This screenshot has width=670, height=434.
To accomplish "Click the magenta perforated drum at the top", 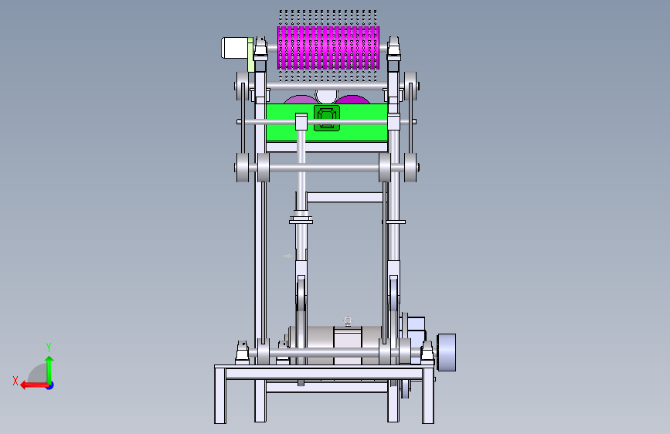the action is pos(328,47).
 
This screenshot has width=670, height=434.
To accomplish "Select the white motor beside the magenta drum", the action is pos(235,47).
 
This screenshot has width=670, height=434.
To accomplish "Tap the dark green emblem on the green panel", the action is pos(327,118).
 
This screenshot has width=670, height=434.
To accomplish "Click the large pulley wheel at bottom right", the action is pos(447,352).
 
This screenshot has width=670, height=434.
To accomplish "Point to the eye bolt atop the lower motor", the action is pos(348,321).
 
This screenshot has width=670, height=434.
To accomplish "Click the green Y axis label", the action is pos(49,347).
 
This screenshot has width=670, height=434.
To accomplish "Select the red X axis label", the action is pos(15,381).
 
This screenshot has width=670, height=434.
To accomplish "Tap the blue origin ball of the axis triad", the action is pos(50,385).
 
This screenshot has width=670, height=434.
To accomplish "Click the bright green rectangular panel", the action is pos(327,122).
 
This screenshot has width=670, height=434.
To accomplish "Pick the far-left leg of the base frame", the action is pos(220,395).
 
